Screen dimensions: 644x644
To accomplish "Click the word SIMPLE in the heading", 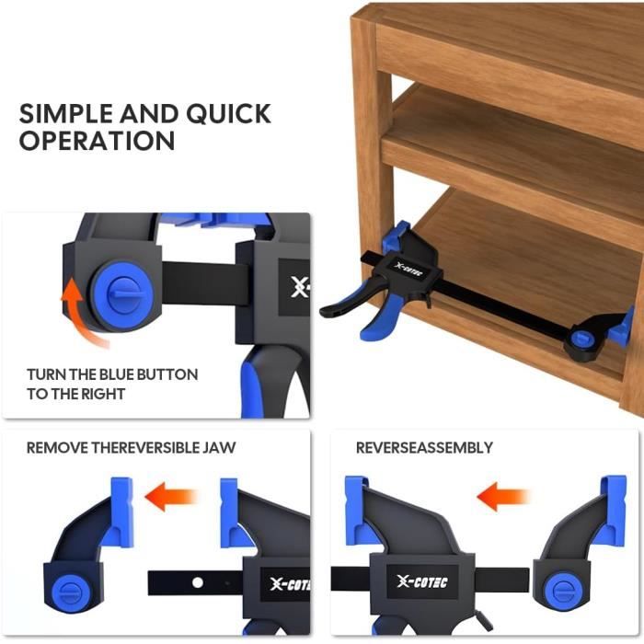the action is pos(66,114).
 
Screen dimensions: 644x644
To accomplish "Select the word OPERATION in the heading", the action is pos(97,141).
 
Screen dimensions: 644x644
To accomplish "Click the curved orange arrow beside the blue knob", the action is pos(82,311).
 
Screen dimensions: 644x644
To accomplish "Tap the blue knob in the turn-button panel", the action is pos(122,294).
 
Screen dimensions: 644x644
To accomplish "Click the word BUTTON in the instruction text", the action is pos(167,374).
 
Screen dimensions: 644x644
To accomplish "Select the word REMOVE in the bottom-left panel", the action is pos(57,448).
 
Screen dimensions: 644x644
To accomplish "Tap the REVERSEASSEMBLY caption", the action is pos(424,448).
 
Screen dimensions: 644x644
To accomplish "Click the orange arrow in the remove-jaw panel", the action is pos(170,496).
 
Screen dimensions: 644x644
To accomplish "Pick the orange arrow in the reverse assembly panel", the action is pos(502,496).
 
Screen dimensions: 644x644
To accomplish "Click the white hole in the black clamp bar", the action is pos(198,582).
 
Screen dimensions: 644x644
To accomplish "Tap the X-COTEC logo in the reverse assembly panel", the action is pos(422,581).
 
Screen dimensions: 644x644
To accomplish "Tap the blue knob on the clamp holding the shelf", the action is pos(583,338).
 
